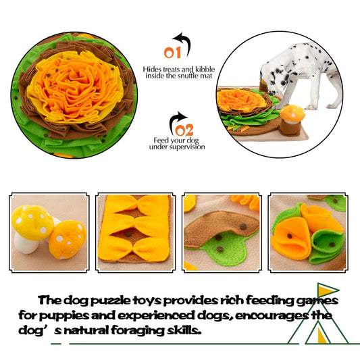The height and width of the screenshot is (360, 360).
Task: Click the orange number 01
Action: pos(172,53)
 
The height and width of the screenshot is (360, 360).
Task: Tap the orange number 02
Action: pos(184,130)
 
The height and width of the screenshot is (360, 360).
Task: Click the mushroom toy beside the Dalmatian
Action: pos(292,120)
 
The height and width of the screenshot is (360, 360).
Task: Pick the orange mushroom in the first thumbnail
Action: pos(67,240)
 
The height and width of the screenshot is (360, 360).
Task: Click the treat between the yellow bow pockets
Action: pos(128,234)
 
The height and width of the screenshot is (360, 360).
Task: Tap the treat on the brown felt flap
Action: pos(243,226)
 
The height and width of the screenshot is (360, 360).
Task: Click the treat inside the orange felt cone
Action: pos(290,236)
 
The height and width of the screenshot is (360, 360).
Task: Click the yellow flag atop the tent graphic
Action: pos(326,290)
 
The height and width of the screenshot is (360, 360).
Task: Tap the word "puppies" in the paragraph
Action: pos(63,316)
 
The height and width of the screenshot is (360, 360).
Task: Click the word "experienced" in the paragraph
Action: pos(156,315)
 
